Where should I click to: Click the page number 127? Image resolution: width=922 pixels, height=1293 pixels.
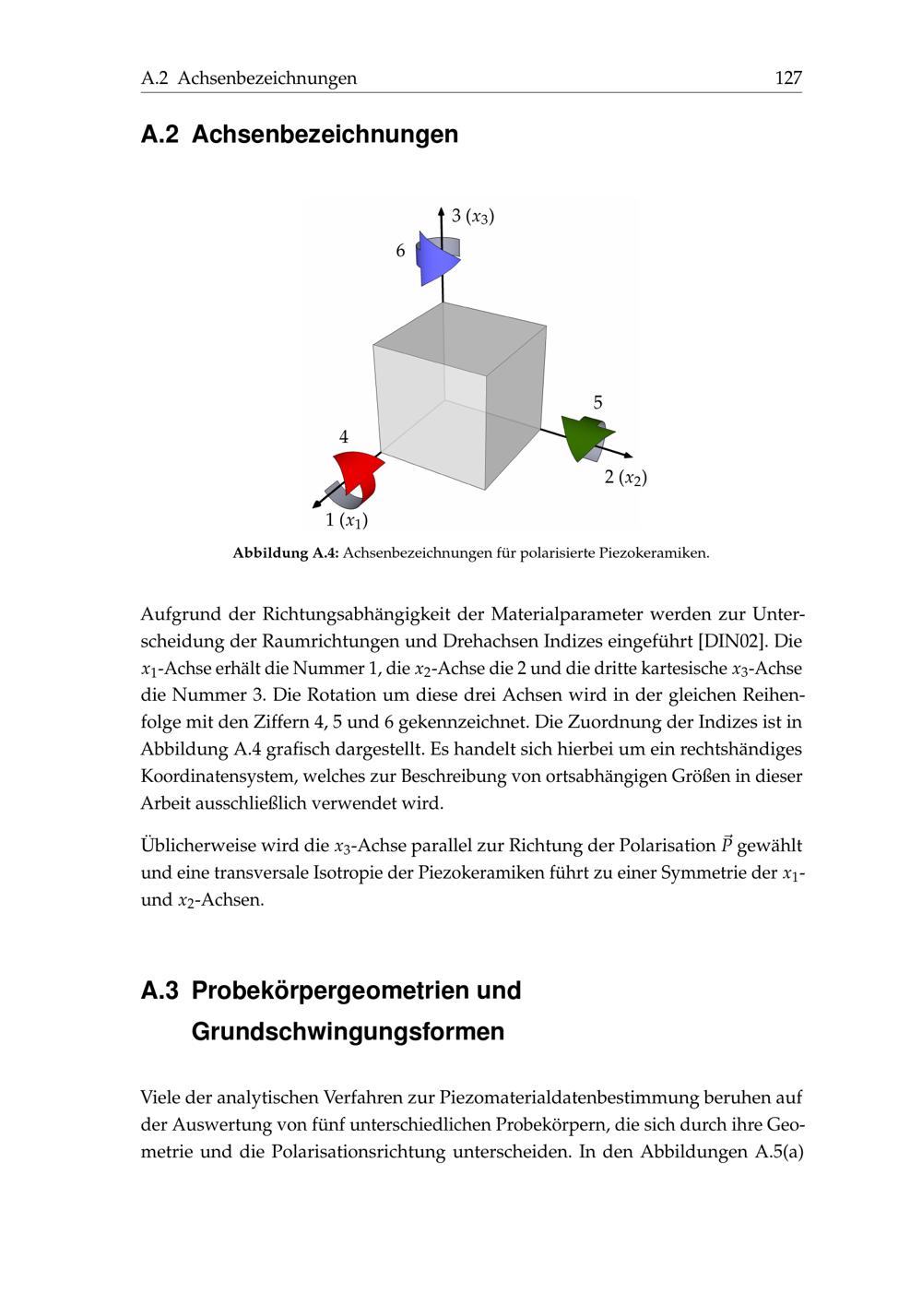click(788, 78)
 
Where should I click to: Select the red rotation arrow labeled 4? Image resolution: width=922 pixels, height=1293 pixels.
click(358, 476)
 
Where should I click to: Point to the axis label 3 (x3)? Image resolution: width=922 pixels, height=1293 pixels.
click(473, 217)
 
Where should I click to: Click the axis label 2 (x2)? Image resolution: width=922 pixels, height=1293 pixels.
click(625, 478)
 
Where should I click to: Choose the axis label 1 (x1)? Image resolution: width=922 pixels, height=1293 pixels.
click(347, 521)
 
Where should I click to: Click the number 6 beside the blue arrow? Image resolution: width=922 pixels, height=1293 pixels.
click(400, 251)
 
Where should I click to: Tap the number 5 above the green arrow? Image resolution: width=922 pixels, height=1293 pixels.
click(597, 403)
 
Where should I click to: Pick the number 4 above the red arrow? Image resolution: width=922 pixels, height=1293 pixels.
click(344, 437)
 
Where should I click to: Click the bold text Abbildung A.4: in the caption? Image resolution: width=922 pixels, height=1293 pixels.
click(286, 553)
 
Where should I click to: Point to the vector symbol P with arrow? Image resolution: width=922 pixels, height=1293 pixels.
click(727, 845)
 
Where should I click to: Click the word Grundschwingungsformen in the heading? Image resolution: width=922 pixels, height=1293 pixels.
click(348, 1031)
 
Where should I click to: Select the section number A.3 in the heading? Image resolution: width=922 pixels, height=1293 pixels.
click(160, 991)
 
